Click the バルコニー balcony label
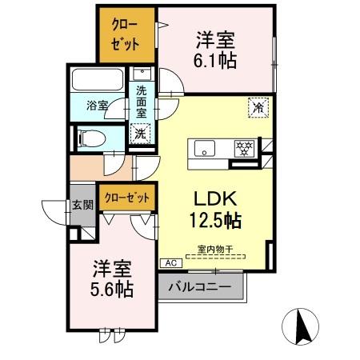[200, 286]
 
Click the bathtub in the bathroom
[97, 81]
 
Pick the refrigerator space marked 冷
[258, 106]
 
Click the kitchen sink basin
[204, 148]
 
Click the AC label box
[170, 263]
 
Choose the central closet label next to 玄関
[126, 196]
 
